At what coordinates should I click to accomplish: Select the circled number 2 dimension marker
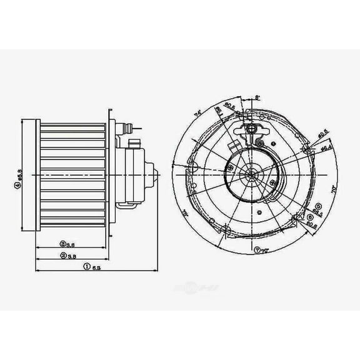64,256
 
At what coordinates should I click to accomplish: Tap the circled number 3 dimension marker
64,244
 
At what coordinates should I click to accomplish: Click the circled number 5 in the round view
318,206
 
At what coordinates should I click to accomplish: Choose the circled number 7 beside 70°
257,249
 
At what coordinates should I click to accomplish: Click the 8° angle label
258,97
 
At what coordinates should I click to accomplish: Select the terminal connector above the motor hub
253,129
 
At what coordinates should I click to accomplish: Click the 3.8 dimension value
72,244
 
